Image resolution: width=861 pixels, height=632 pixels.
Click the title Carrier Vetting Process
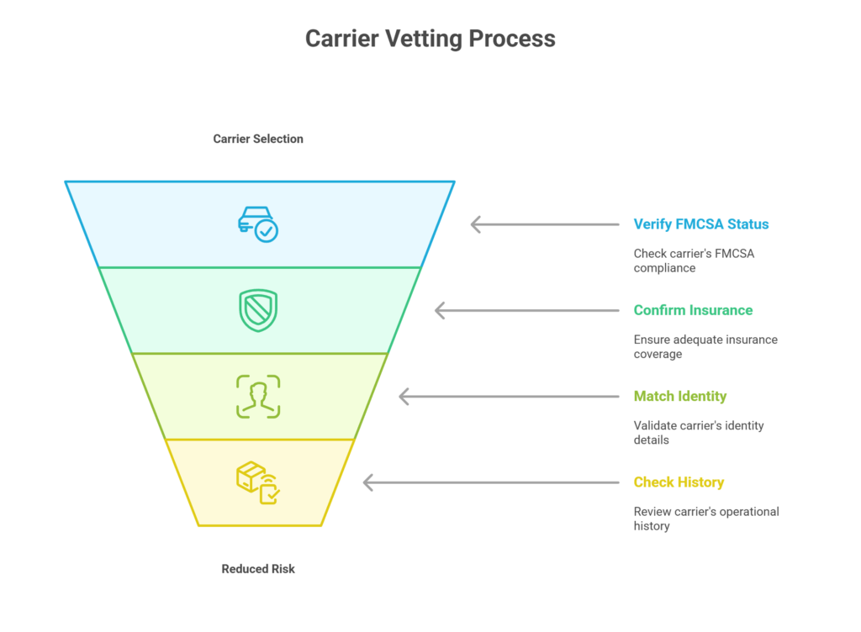pyautogui.click(x=430, y=39)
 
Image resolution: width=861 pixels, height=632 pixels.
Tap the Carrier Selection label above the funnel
pyautogui.click(x=258, y=139)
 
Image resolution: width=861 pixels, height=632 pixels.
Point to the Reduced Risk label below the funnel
pyautogui.click(x=258, y=569)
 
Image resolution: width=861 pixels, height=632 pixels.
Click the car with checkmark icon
pyautogui.click(x=257, y=224)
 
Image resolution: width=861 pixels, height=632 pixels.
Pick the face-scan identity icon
pyautogui.click(x=258, y=396)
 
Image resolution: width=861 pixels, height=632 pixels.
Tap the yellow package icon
pyautogui.click(x=258, y=482)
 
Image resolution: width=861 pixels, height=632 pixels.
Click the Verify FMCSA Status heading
pyautogui.click(x=701, y=224)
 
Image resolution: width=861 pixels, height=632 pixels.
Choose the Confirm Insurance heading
pyautogui.click(x=693, y=310)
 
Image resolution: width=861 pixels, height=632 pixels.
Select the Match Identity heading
pyautogui.click(x=680, y=396)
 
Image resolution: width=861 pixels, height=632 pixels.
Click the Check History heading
pyautogui.click(x=679, y=482)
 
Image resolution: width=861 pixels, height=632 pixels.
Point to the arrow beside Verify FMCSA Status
pyautogui.click(x=544, y=224)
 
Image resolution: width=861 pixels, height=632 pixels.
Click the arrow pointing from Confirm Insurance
pyautogui.click(x=526, y=311)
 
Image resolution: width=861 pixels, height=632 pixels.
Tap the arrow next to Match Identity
pyautogui.click(x=508, y=397)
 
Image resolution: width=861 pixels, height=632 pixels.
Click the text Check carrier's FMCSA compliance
pyautogui.click(x=694, y=261)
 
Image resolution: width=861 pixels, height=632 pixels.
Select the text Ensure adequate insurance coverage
pyautogui.click(x=705, y=346)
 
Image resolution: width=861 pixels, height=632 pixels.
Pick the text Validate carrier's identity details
pyautogui.click(x=699, y=432)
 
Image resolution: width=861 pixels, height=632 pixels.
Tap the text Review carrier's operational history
pyautogui.click(x=706, y=519)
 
